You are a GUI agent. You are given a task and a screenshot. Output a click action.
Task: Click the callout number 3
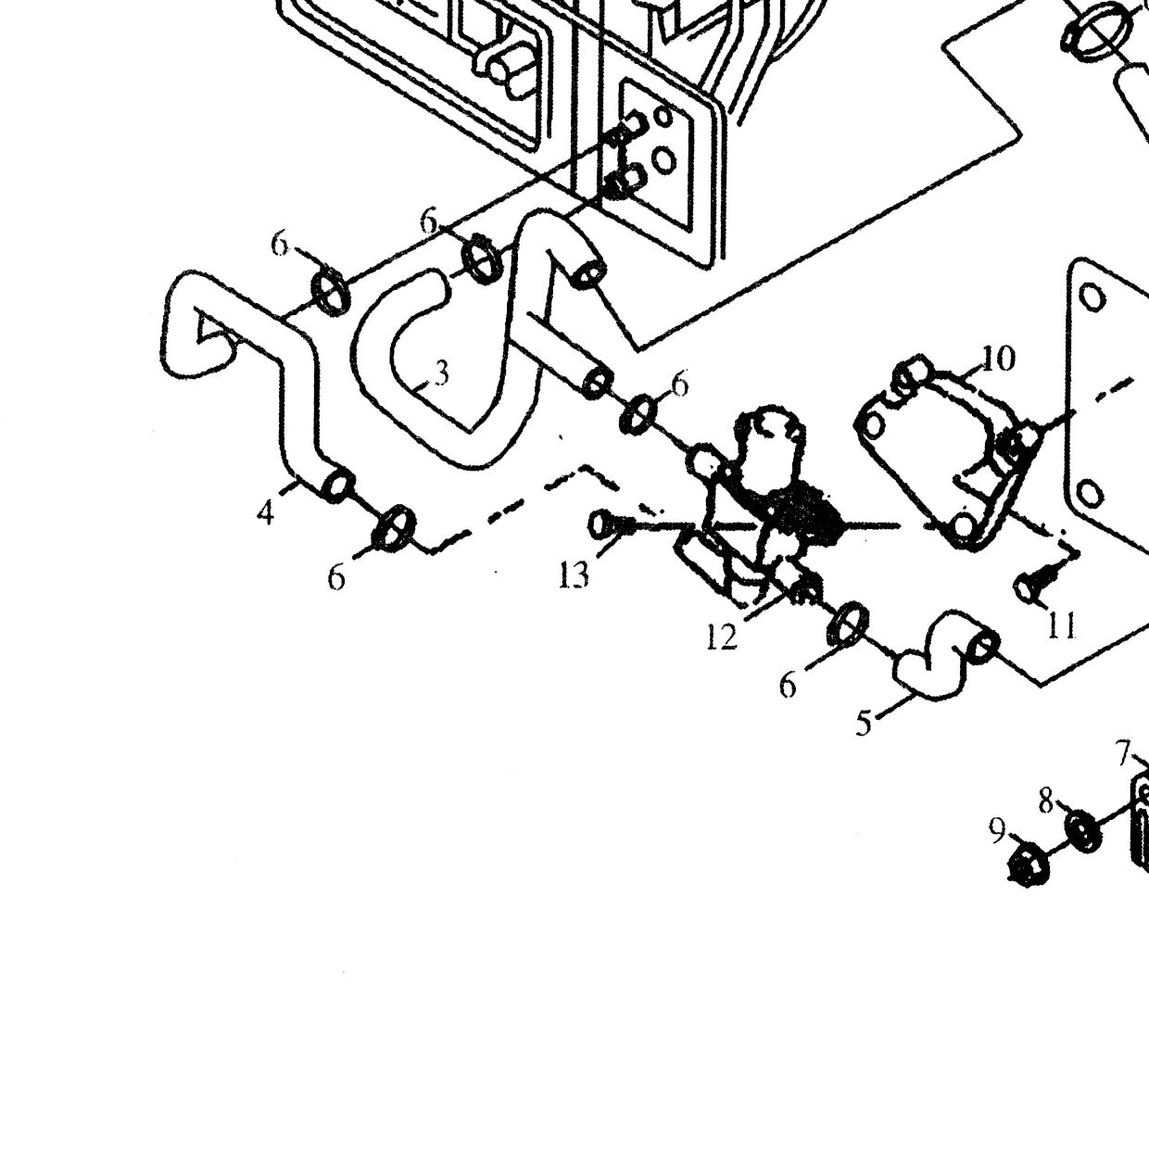441,374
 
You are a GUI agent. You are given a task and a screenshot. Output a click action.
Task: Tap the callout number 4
266,512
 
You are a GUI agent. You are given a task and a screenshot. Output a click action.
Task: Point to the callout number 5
864,723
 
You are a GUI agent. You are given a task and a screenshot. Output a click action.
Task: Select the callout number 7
1123,753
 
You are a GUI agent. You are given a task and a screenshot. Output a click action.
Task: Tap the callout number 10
998,360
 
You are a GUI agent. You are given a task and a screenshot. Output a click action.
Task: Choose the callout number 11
1061,625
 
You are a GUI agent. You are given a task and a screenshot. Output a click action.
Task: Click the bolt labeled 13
612,525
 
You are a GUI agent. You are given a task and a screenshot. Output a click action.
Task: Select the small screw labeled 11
1034,587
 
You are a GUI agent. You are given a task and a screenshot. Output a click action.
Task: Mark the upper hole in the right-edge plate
1092,297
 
